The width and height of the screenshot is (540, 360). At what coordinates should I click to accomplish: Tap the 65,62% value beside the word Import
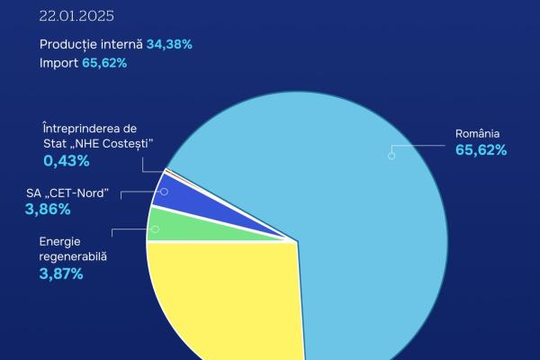pos(106,64)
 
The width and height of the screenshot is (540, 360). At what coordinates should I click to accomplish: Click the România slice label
pos(477,134)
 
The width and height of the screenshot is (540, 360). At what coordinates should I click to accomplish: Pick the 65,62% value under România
pos(481,150)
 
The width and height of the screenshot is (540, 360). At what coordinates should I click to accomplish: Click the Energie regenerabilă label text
pos(73,249)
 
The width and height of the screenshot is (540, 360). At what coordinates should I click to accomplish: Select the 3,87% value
pos(61,274)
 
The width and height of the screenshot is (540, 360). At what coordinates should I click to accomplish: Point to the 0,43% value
pos(66,161)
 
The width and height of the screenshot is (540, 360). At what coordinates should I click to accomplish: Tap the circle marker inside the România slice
pos(391,155)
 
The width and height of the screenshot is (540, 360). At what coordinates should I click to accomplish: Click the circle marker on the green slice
pos(155,229)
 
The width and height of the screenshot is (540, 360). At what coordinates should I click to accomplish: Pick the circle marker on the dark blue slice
pos(164,192)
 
